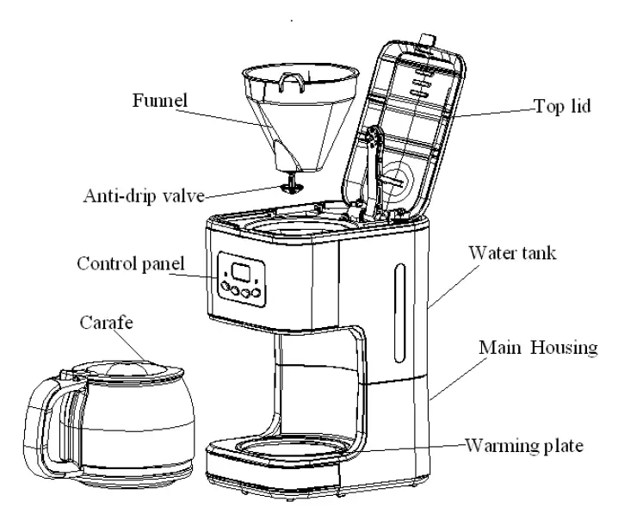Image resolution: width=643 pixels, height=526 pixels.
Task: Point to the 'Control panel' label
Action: pyautogui.click(x=131, y=263)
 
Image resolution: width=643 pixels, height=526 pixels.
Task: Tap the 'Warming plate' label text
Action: pyautogui.click(x=526, y=447)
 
